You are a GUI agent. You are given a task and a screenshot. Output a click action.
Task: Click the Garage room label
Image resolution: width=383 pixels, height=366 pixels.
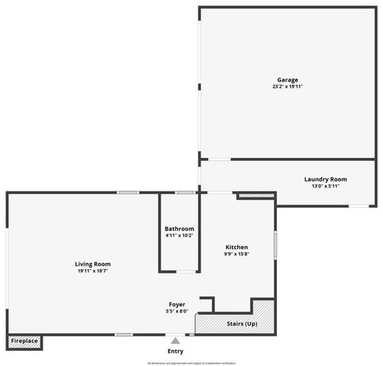click(x=288, y=79)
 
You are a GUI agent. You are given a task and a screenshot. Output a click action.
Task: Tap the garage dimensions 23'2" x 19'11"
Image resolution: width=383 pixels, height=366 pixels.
click(x=288, y=87)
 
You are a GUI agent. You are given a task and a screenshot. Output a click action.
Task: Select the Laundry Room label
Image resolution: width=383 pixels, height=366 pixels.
click(x=326, y=179)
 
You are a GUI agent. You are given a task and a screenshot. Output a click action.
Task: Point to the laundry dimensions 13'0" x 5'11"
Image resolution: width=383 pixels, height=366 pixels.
click(x=326, y=186)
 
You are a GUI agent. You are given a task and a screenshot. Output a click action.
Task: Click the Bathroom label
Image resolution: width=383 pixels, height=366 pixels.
click(x=179, y=229)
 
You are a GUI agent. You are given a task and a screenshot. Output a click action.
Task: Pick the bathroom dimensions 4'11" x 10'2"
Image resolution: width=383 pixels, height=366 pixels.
click(x=179, y=236)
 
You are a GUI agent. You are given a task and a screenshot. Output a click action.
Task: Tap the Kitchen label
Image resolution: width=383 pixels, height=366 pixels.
click(x=237, y=247)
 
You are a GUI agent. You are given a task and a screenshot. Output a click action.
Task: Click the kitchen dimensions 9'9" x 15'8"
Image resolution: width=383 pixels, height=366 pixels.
click(x=237, y=254)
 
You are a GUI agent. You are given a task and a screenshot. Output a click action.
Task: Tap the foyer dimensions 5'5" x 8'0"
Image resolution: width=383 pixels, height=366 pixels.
click(x=175, y=311)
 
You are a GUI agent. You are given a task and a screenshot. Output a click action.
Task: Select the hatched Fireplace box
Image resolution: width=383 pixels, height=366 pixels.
click(x=24, y=341)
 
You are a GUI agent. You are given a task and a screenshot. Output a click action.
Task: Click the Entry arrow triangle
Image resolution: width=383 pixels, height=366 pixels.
click(x=175, y=341)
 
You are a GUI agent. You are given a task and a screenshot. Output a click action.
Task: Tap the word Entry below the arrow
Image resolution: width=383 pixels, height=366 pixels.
click(x=175, y=351)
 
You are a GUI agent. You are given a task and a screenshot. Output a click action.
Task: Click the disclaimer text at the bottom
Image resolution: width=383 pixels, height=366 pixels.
click(x=191, y=363)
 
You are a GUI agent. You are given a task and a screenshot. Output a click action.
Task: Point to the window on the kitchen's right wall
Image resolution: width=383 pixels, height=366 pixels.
click(x=275, y=246)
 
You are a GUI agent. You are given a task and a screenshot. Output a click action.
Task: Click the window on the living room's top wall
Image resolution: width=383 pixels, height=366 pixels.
click(x=127, y=192)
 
